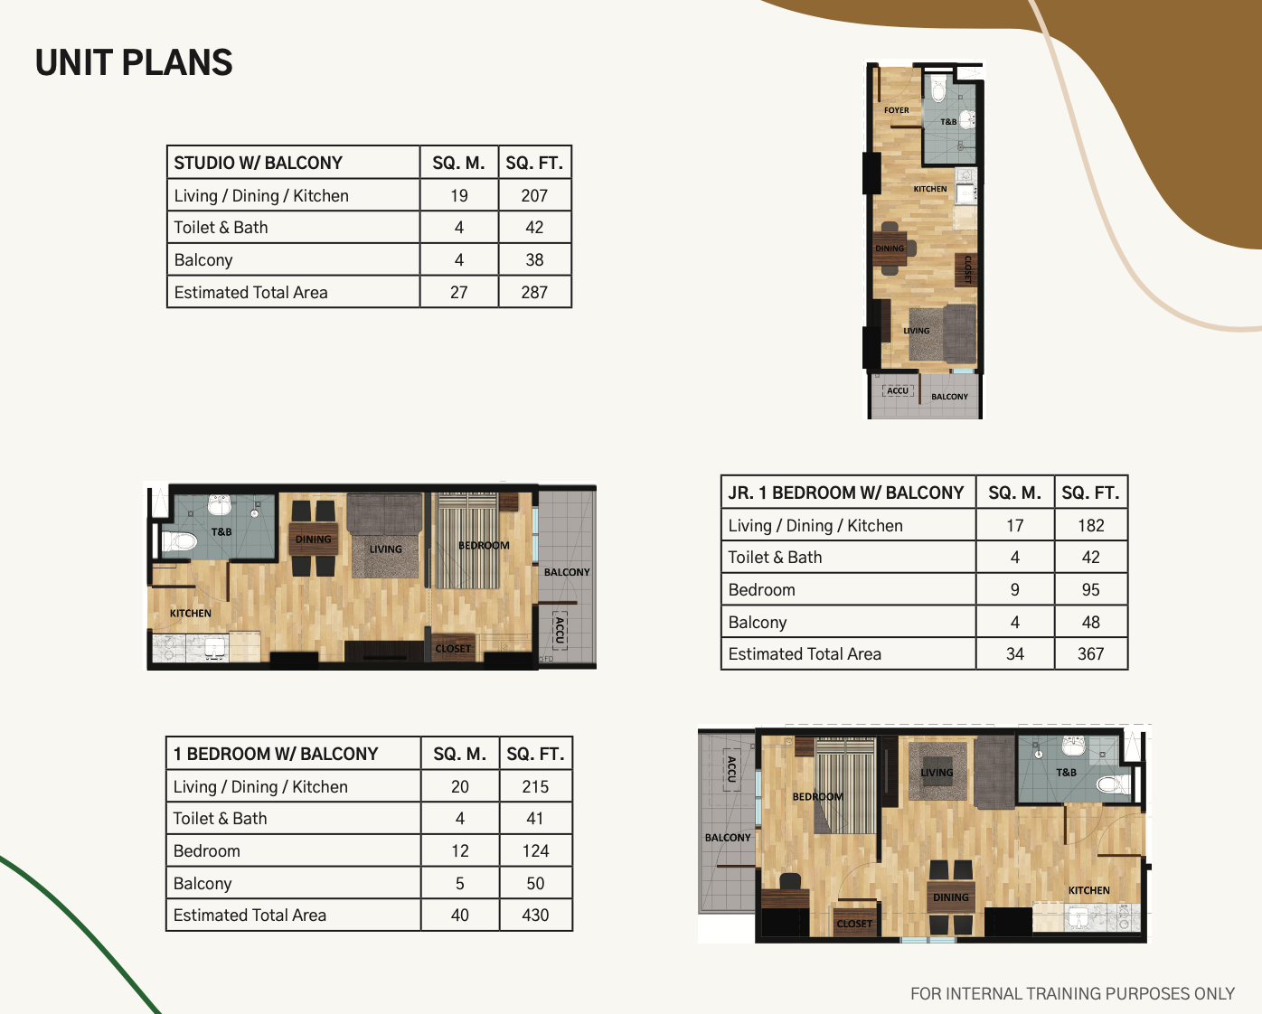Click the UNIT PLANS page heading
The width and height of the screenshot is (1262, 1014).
tap(134, 62)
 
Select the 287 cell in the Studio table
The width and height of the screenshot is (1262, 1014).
tap(534, 292)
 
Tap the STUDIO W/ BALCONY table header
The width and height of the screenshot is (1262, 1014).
tap(258, 163)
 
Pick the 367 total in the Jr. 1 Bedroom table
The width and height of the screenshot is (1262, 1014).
tap(1091, 654)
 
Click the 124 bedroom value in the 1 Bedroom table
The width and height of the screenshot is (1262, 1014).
tap(535, 851)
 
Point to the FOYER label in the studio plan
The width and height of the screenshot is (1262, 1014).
tap(897, 110)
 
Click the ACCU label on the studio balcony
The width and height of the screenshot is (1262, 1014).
tap(898, 390)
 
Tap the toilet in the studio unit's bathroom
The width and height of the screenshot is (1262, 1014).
tap(938, 89)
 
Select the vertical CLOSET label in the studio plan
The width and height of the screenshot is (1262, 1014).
tap(967, 270)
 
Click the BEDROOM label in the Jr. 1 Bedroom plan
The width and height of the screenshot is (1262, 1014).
tap(484, 546)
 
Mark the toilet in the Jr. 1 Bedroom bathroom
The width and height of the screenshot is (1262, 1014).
tap(178, 540)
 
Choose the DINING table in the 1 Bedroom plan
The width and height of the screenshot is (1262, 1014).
tap(951, 898)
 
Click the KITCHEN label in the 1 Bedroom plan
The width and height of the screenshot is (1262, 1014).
tap(1089, 890)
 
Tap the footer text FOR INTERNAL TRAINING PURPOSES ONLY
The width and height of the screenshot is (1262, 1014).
tap(1072, 993)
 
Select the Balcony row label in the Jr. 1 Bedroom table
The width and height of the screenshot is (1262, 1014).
tap(757, 623)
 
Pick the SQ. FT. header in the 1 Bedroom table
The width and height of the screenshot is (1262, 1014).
tap(535, 754)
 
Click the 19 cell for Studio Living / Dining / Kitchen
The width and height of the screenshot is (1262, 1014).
tap(459, 195)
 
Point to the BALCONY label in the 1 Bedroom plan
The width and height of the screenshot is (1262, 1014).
tap(727, 838)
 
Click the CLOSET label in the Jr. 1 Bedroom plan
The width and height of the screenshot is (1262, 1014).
tap(453, 649)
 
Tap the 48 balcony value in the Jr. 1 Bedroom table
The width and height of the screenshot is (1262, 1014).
tap(1091, 623)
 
